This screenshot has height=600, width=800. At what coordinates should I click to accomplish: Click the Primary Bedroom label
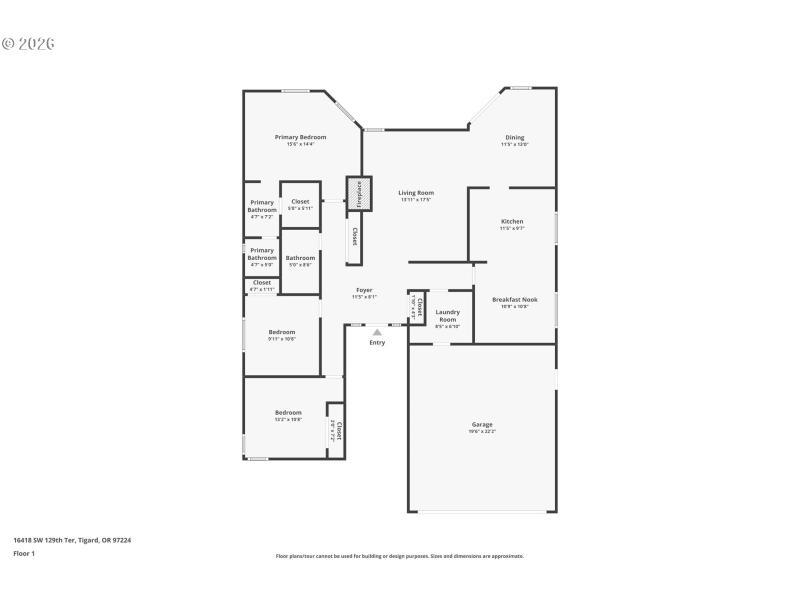tap(300, 137)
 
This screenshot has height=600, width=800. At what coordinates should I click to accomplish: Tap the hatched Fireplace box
tap(359, 194)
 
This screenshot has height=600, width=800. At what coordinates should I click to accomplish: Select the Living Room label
tap(416, 193)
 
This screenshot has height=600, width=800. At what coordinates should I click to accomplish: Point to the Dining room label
tap(514, 138)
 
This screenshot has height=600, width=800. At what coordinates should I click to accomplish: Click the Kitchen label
tap(512, 222)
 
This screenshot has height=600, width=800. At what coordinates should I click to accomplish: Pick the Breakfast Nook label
tap(514, 299)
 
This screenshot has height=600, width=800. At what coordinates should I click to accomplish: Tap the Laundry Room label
tap(447, 315)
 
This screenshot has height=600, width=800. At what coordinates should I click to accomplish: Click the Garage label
tap(482, 425)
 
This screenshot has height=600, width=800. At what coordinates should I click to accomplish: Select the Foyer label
tap(364, 291)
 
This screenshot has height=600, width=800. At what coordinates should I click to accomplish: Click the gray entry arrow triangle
tap(377, 332)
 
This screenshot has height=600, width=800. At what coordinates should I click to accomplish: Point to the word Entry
tap(377, 343)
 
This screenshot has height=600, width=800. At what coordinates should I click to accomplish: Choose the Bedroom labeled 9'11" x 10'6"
tap(281, 332)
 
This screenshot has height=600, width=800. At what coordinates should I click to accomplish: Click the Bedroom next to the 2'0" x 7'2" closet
tap(288, 412)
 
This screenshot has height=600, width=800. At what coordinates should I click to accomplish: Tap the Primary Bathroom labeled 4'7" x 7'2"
tap(262, 206)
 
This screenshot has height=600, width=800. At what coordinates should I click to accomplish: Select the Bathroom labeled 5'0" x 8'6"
tap(300, 258)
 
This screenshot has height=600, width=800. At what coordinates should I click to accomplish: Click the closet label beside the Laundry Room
tap(419, 306)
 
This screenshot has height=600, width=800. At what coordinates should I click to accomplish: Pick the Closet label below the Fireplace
tap(354, 236)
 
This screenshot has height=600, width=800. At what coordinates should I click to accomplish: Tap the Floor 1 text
tap(24, 553)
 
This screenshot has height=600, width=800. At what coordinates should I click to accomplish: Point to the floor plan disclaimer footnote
tap(399, 556)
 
